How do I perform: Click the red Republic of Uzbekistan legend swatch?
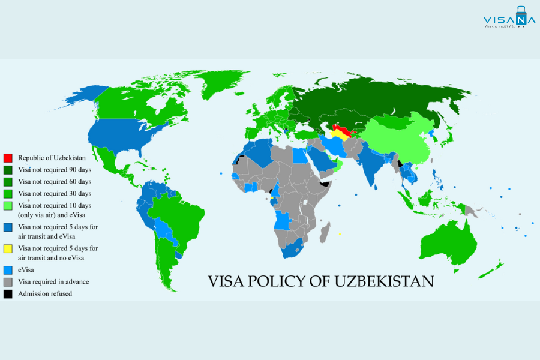point(8,158)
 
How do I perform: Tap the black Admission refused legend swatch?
point(8,294)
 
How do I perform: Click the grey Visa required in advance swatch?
point(8,282)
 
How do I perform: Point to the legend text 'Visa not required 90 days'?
point(55,169)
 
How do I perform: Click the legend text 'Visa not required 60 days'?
point(55,181)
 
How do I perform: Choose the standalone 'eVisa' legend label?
point(26,270)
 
